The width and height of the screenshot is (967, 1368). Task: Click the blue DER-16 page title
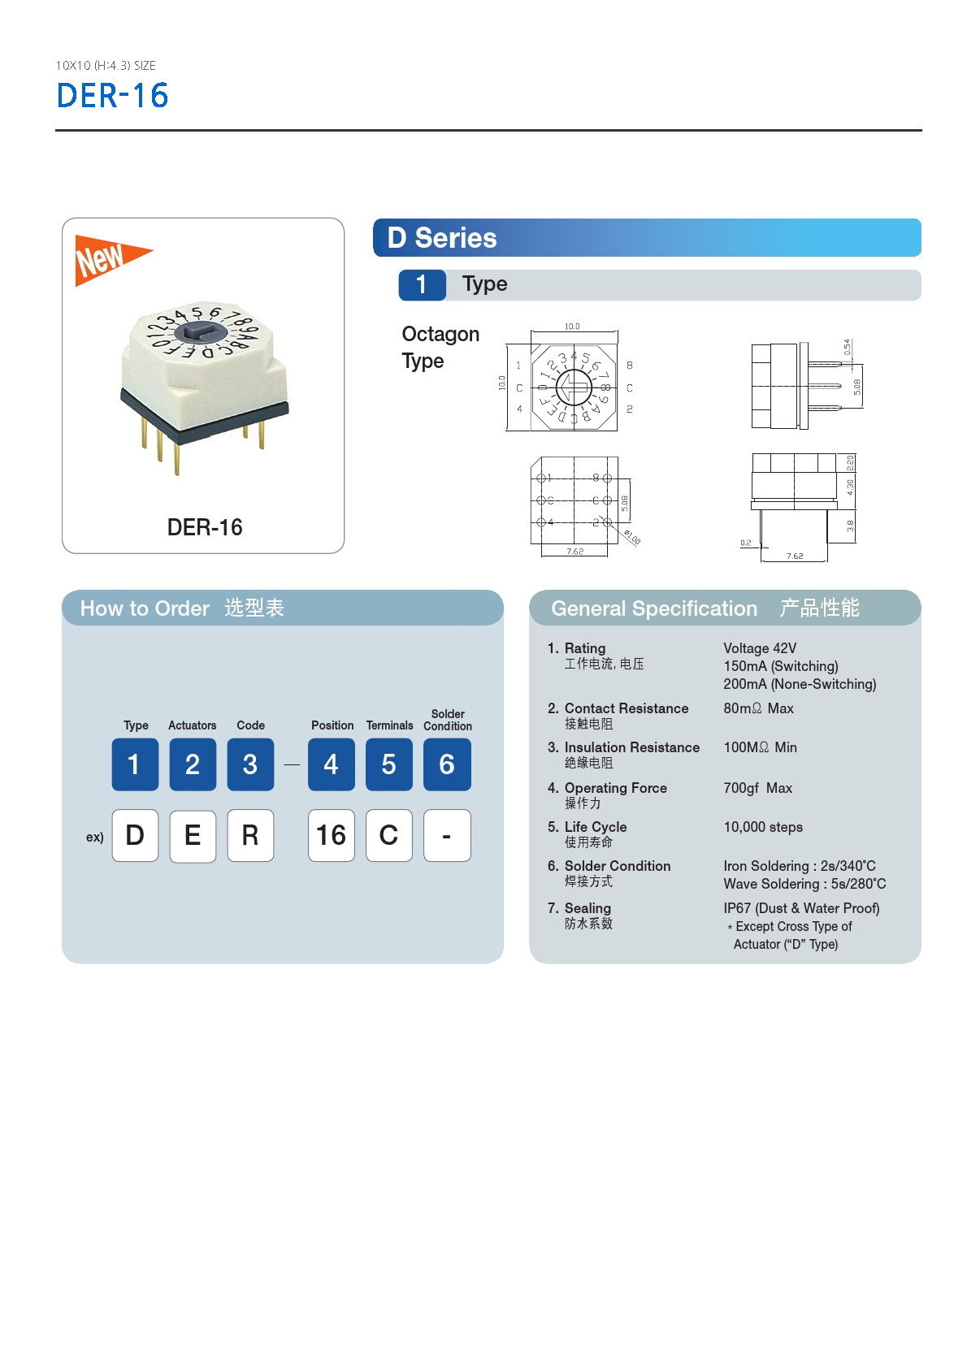(112, 96)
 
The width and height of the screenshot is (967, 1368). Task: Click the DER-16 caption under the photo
(204, 527)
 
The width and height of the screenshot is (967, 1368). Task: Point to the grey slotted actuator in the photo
(199, 331)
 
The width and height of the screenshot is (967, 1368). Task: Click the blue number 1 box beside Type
(422, 284)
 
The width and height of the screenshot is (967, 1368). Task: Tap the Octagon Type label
(440, 347)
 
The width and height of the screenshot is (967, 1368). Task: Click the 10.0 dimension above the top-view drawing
(572, 327)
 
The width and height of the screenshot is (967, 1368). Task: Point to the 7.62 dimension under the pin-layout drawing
(575, 552)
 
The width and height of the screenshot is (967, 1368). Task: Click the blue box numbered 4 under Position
(331, 764)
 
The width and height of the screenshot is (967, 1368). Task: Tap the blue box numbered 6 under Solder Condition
(447, 764)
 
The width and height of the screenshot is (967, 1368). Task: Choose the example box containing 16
(331, 835)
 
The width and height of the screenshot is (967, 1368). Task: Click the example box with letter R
(250, 835)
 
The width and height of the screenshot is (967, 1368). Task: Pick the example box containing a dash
(447, 835)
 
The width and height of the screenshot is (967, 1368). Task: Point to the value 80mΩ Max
(758, 708)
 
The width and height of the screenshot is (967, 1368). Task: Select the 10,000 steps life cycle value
(762, 827)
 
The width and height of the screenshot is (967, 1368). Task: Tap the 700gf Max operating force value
(757, 788)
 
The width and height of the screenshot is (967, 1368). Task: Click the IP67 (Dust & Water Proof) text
(801, 908)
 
